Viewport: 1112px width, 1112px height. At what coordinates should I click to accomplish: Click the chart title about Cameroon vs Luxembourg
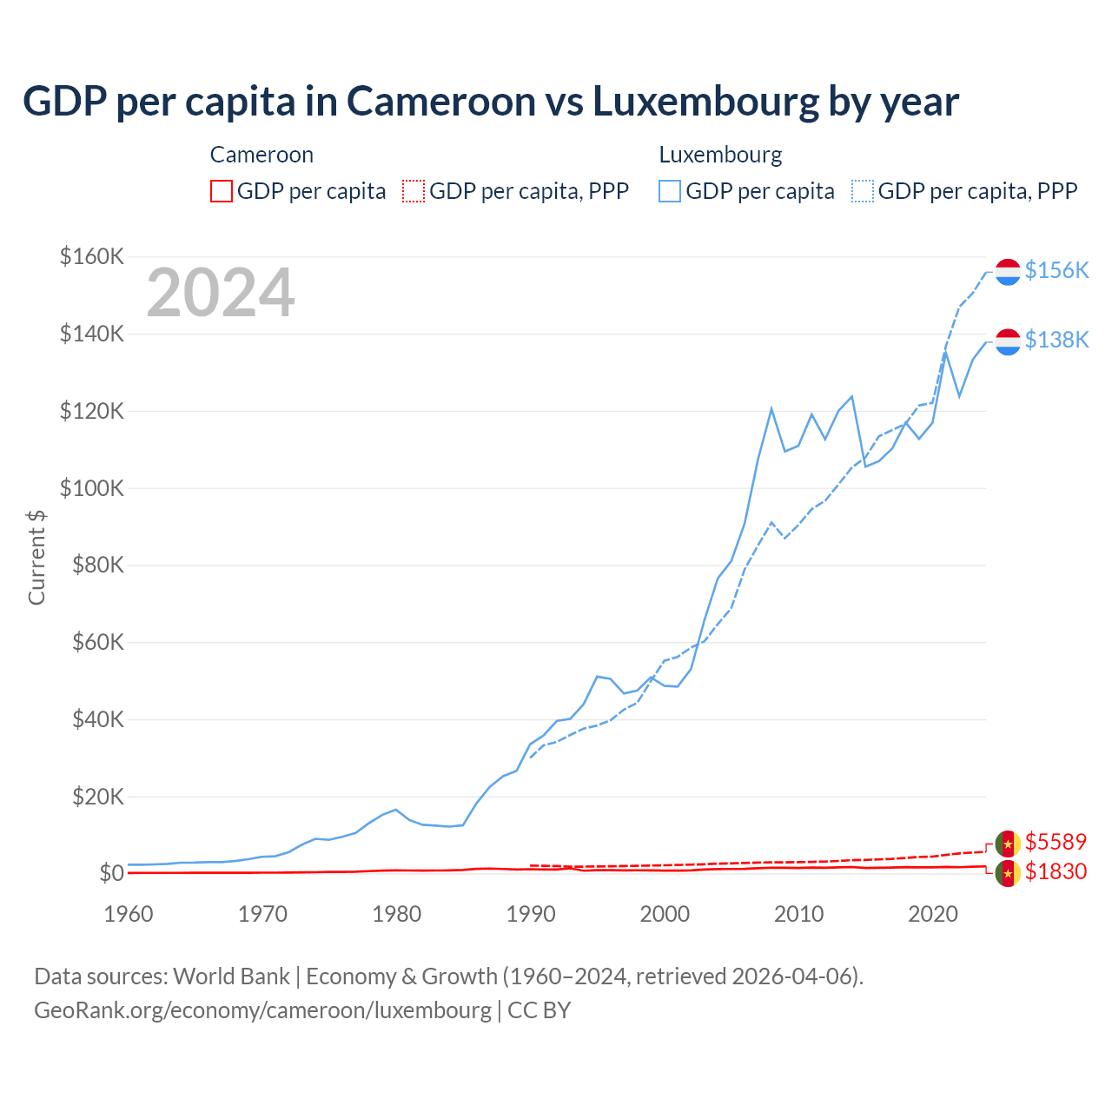point(491,102)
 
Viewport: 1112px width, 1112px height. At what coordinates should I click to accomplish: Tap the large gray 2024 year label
point(221,294)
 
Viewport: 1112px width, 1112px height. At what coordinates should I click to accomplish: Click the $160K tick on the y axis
point(92,256)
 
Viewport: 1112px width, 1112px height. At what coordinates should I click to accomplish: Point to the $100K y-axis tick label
point(92,488)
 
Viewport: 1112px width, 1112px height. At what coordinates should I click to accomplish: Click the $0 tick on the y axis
point(111,873)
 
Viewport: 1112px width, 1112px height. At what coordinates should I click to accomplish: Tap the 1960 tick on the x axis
point(129,914)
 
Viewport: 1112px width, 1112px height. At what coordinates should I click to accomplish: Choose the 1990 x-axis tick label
point(531,914)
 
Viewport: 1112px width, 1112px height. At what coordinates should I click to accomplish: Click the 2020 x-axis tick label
point(933,914)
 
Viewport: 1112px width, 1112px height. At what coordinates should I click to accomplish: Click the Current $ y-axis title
point(36,557)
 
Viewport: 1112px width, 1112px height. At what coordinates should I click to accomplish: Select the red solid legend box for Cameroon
point(222,191)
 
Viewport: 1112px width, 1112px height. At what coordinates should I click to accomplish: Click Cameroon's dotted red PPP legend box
point(414,191)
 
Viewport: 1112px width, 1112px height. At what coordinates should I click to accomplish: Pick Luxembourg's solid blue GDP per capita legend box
point(670,191)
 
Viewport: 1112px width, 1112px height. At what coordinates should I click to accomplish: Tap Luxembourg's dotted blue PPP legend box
point(863,191)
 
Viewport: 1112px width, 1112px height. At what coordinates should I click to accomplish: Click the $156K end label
point(1056,270)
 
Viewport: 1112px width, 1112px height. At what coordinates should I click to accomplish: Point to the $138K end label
point(1056,340)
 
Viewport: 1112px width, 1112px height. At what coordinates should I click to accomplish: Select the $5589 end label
point(1056,842)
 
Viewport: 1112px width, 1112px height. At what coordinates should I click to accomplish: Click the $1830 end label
point(1056,871)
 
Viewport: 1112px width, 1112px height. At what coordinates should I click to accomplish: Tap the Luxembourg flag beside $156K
point(1008,272)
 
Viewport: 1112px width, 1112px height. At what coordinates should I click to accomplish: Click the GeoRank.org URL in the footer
point(262,1010)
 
